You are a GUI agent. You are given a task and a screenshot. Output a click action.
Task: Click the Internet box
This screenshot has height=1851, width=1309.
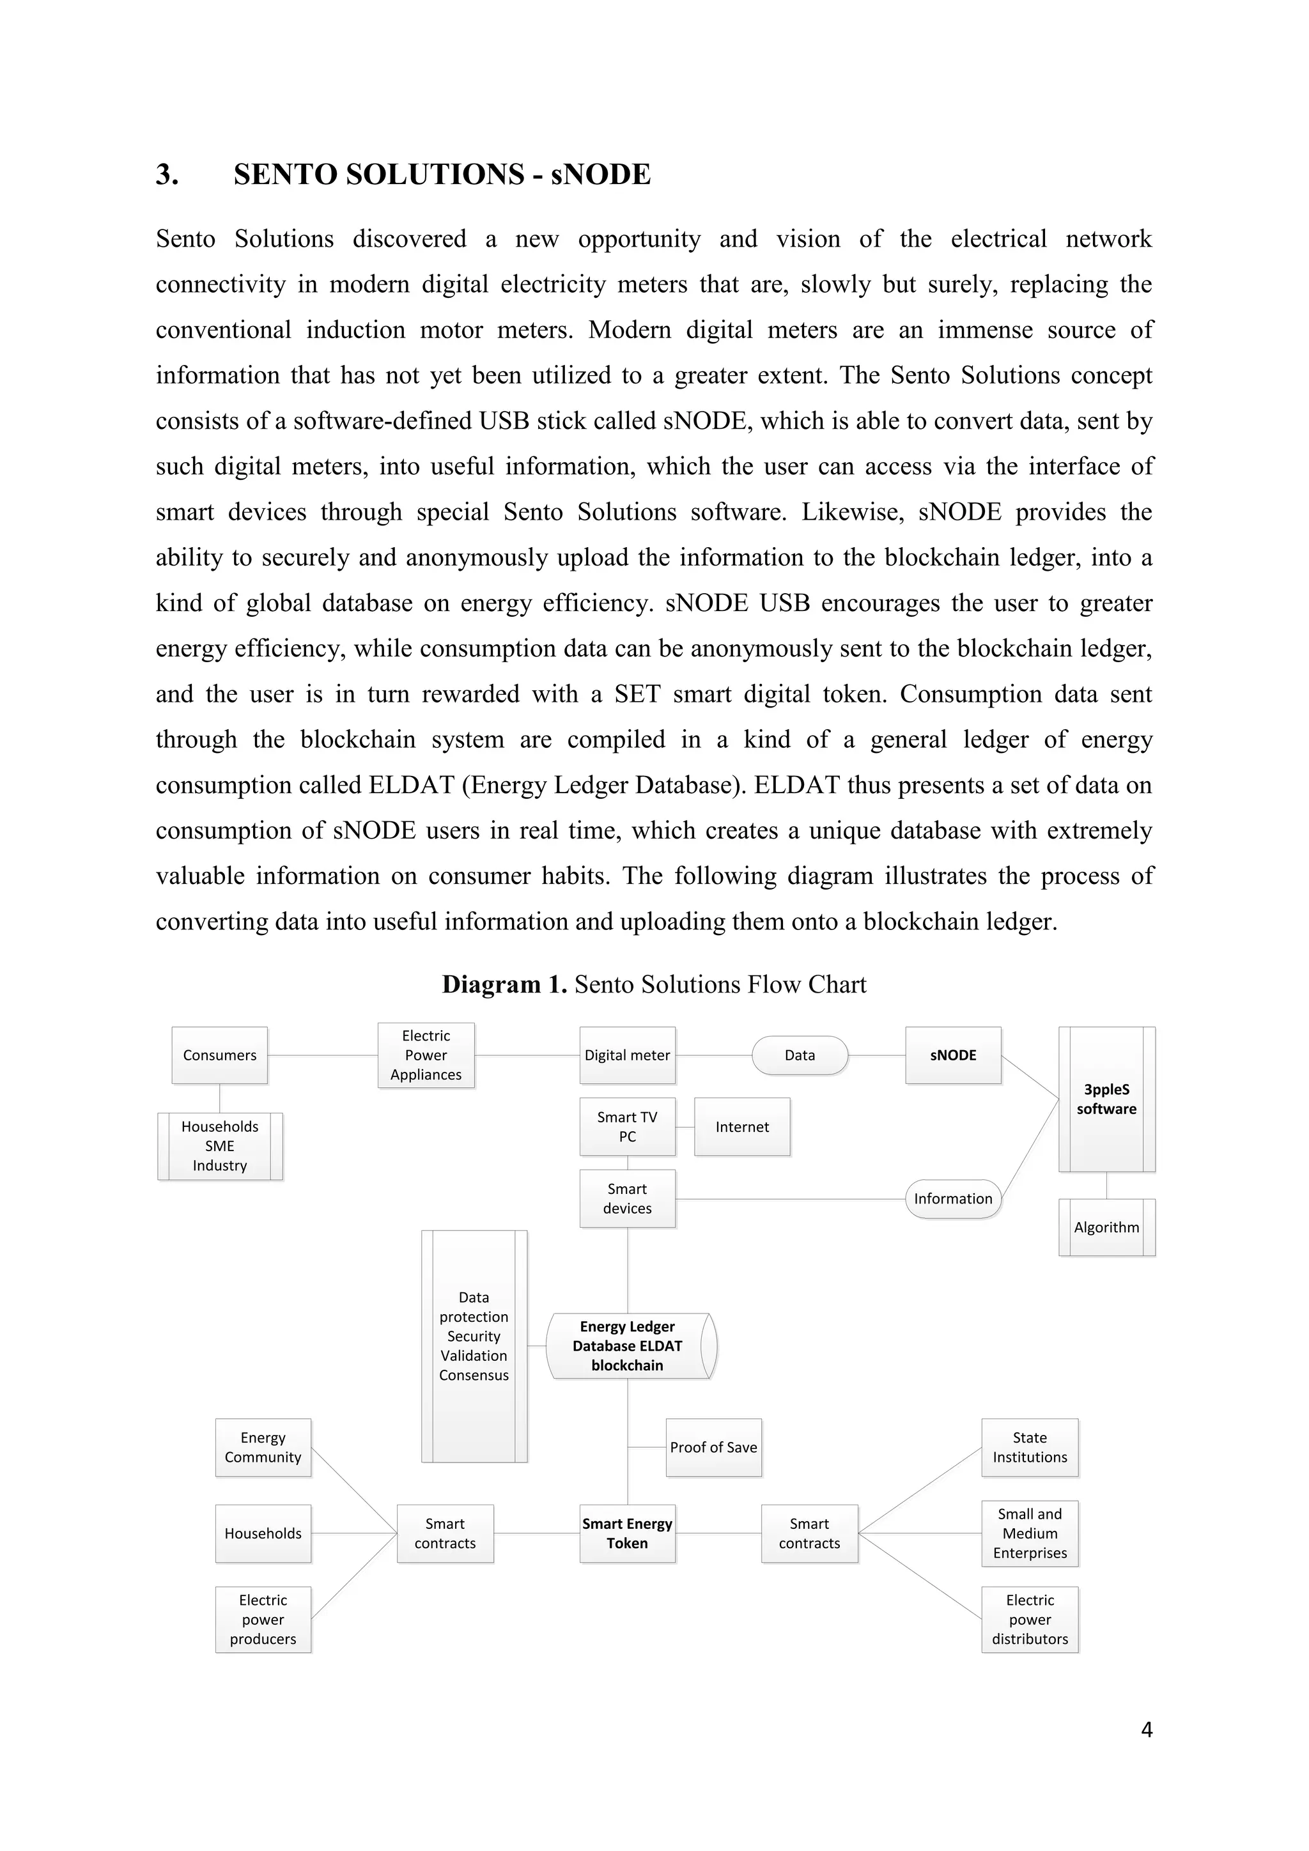741,1126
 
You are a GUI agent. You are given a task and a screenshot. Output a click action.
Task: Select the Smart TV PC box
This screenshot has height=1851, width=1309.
627,1126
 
